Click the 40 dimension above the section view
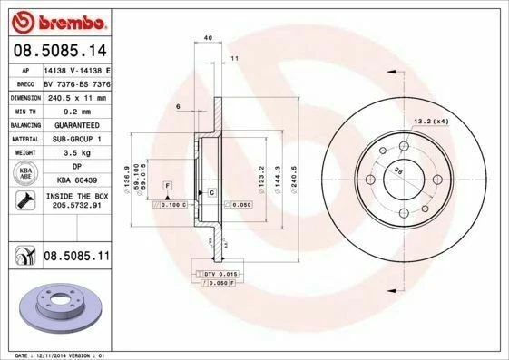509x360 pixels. click(x=208, y=37)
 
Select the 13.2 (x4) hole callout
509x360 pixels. click(x=431, y=121)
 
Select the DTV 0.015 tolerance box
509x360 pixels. click(x=217, y=272)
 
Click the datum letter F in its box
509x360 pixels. click(x=168, y=185)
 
